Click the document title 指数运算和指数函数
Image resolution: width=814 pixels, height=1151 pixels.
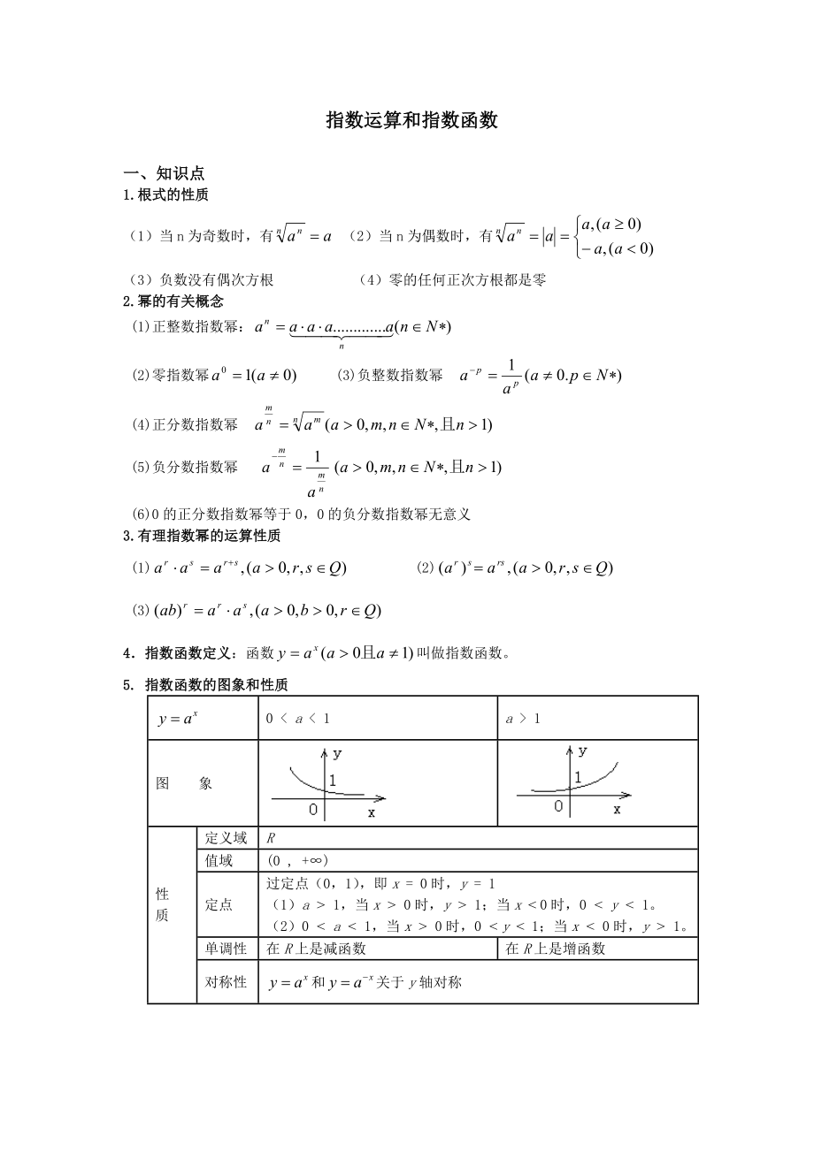pos(412,122)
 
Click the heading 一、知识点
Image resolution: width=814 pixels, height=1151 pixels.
pos(164,174)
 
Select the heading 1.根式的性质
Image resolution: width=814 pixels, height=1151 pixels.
pos(165,194)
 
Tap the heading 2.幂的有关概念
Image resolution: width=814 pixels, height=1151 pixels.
pos(173,301)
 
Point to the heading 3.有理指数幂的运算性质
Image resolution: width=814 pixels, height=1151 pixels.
pos(201,536)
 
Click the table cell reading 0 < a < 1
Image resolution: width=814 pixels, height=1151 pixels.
pos(298,719)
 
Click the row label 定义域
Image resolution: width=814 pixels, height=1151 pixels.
pos(226,838)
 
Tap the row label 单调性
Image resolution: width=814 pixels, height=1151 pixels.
pos(226,949)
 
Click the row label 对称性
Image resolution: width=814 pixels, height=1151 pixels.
pos(226,981)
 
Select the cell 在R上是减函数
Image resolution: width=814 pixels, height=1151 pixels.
pos(316,949)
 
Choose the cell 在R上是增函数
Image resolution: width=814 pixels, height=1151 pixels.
pos(555,949)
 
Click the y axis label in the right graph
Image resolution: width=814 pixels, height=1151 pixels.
pos(582,751)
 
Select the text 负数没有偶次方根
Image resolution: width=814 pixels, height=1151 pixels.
pos(217,280)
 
